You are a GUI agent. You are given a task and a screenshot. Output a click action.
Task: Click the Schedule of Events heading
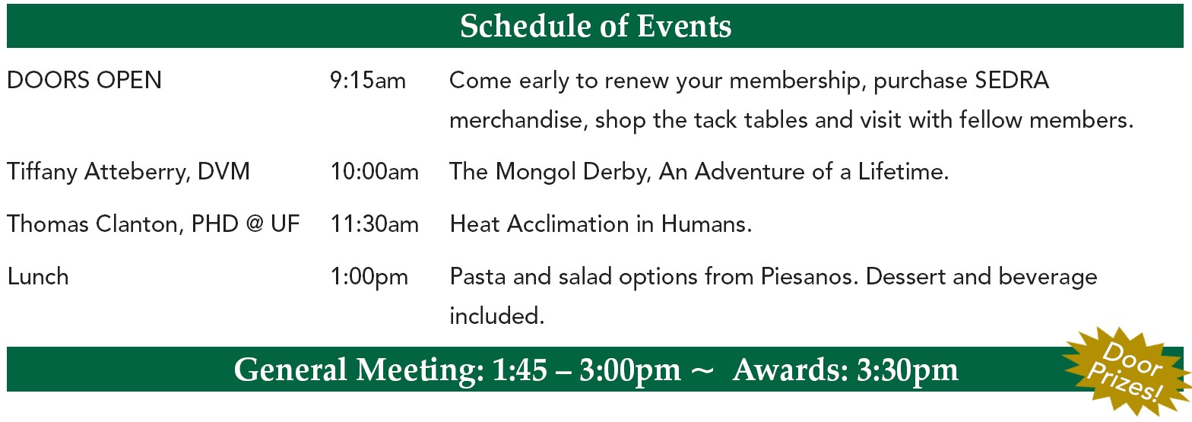pos(595,26)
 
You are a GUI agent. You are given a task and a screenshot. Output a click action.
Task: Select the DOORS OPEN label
pos(84,81)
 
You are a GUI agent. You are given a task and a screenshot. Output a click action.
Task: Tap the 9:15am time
pos(368,81)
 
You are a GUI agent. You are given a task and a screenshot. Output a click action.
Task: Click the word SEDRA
pos(1012,81)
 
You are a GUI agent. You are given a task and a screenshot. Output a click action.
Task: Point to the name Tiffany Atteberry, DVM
pos(128,172)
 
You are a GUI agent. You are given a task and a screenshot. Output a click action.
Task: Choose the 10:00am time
pos(375,171)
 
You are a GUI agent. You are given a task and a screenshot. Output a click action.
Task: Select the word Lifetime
pos(903,171)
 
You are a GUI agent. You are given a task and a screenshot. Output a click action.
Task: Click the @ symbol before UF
pos(255,224)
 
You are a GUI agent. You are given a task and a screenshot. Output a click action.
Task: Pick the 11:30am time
pos(375,224)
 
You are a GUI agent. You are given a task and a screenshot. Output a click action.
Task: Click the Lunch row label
pos(38,277)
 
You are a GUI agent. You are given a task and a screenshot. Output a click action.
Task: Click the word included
pos(497,316)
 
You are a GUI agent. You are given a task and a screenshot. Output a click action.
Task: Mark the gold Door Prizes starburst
pos(1127,372)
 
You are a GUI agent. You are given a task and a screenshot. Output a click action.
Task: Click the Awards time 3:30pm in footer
pos(908,370)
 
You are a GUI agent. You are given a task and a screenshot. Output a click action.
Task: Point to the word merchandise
pos(518,119)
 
